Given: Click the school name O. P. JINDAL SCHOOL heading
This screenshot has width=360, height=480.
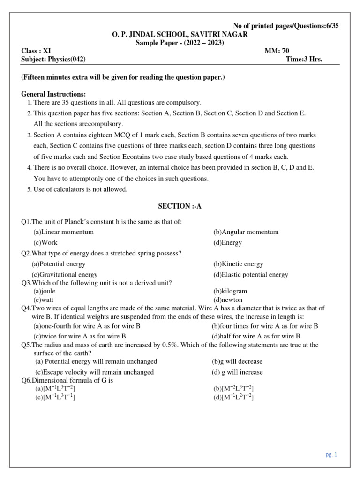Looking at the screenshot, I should (x=180, y=34).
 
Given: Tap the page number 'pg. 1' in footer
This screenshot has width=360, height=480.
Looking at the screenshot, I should (x=331, y=454).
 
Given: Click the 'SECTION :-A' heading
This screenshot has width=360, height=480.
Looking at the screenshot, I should (x=180, y=206).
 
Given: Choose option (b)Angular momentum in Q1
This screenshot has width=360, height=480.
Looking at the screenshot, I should (x=246, y=232).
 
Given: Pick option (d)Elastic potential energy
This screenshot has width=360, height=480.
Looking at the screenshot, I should (x=250, y=275).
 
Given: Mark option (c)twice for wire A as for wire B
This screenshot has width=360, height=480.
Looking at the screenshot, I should (x=79, y=336).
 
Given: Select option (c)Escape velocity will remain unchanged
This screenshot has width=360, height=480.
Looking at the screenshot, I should (x=94, y=372).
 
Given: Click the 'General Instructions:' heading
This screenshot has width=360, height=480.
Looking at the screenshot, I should (x=53, y=94).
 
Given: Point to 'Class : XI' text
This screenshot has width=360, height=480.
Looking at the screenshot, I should (x=36, y=51).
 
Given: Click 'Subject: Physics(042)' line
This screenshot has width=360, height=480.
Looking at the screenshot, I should (x=53, y=59).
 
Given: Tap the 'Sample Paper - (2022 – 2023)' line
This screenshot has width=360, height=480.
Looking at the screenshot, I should (x=180, y=42).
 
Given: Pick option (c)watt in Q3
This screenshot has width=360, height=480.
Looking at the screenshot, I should (x=43, y=300).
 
